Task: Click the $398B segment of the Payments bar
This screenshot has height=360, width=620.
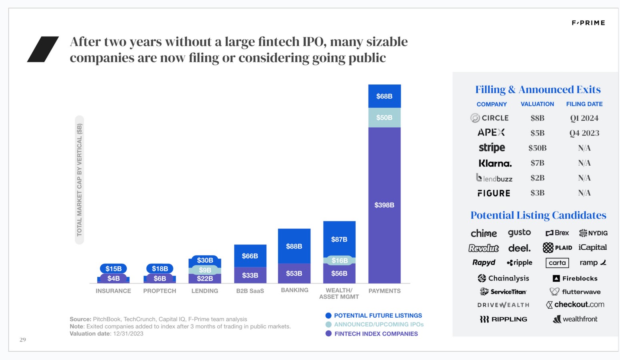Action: [384, 205]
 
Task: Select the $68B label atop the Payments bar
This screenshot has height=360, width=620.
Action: [384, 96]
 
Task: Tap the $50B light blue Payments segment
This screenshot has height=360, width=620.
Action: [384, 118]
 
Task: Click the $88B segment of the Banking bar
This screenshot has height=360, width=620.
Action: [294, 246]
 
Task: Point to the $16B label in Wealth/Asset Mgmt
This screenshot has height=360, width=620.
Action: [339, 260]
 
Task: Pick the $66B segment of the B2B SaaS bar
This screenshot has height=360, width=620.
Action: [250, 256]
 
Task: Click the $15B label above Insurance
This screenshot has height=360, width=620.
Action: [113, 268]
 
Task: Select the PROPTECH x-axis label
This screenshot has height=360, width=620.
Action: [160, 291]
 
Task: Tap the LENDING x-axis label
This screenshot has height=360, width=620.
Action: [205, 291]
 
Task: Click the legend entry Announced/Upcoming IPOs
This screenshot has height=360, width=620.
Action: [378, 324]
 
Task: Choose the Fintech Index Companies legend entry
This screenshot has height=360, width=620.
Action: [376, 334]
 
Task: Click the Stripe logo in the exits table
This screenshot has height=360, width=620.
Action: [492, 148]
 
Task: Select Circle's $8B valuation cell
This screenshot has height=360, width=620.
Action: [537, 118]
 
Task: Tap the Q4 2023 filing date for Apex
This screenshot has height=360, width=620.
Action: [584, 133]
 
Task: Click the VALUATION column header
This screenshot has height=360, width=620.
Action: [537, 104]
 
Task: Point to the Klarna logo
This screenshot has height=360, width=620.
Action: [495, 163]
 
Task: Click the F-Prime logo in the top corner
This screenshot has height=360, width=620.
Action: [588, 23]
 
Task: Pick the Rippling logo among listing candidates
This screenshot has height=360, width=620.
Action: [503, 319]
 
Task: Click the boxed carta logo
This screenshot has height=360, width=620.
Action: [557, 263]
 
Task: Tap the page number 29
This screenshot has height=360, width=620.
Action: [23, 340]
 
